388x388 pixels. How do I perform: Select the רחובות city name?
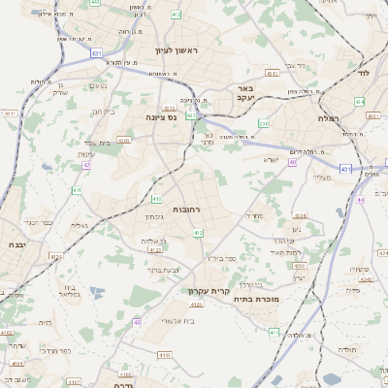[186, 209]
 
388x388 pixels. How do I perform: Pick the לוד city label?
[364, 73]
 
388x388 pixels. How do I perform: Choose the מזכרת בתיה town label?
[255, 300]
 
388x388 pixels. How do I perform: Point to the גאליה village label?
[79, 225]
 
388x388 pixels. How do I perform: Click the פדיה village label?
[352, 289]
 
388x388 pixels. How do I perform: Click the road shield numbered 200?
[264, 124]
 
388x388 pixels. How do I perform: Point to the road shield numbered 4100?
[123, 140]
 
